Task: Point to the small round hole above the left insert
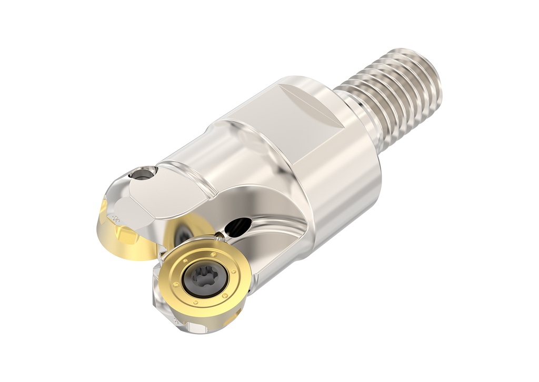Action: pos(143,173)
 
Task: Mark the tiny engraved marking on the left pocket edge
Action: pos(114,216)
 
